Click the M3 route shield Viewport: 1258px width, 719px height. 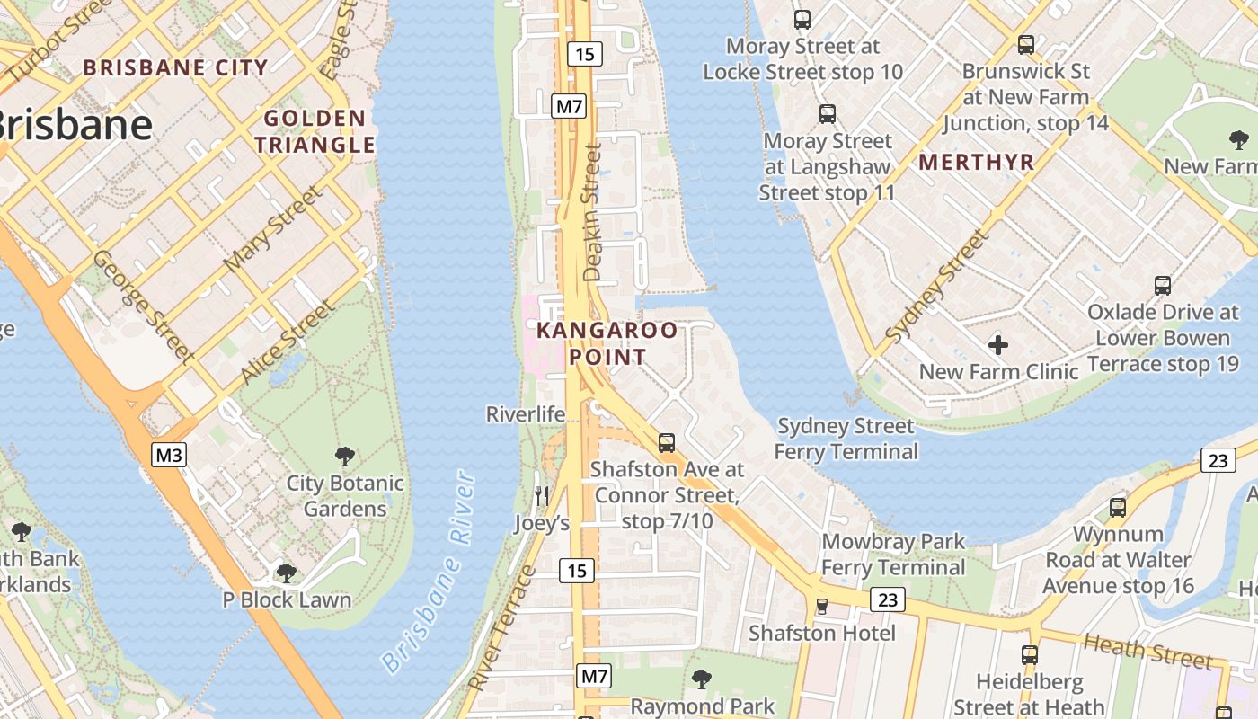(x=169, y=455)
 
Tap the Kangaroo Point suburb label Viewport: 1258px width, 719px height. (x=607, y=343)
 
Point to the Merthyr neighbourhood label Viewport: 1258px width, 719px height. (x=977, y=163)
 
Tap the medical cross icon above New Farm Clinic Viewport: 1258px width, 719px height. (x=997, y=345)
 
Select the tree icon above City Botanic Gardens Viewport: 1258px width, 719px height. (x=343, y=456)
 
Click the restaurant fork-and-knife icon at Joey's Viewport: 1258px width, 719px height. (x=541, y=494)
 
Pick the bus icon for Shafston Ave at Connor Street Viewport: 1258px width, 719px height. (x=666, y=442)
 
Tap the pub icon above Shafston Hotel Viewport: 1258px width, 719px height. (x=821, y=606)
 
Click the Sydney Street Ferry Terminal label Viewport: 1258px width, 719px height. (x=846, y=438)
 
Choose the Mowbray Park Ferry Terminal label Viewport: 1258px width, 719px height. (x=893, y=555)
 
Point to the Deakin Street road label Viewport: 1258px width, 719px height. (x=592, y=213)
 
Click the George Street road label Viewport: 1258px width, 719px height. (x=144, y=306)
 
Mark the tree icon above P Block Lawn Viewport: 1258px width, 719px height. (x=286, y=572)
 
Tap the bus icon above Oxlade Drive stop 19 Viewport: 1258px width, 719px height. (x=1163, y=286)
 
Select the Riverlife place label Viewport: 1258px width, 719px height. (x=526, y=414)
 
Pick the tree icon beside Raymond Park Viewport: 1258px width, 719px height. (x=702, y=679)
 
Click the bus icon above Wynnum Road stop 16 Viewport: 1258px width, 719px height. (x=1118, y=507)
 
